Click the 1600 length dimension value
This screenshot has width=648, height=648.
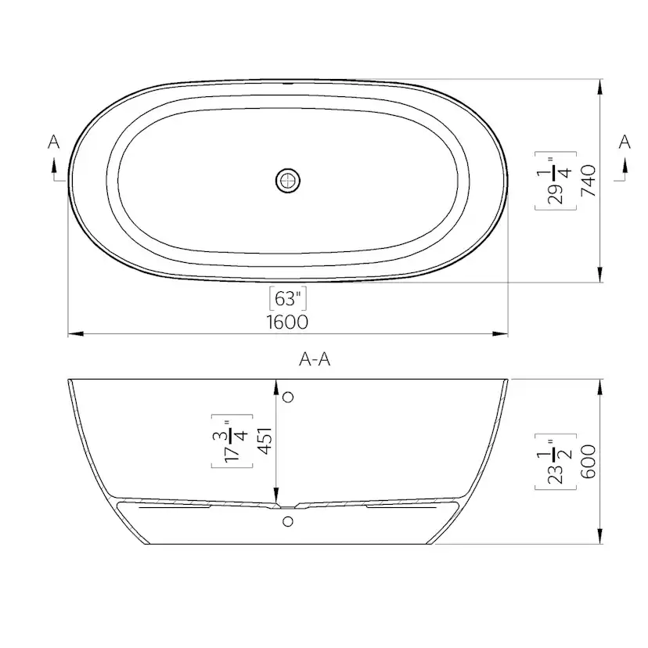click(288, 322)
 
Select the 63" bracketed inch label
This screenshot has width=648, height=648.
click(287, 298)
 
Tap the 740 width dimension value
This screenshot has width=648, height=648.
click(589, 180)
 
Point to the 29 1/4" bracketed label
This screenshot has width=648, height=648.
click(555, 180)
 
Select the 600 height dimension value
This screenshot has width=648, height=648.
click(589, 462)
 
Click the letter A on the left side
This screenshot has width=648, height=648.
click(53, 142)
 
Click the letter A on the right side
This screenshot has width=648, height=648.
click(625, 141)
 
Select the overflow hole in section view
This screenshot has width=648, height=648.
click(288, 398)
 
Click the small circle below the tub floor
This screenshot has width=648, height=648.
click(288, 520)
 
